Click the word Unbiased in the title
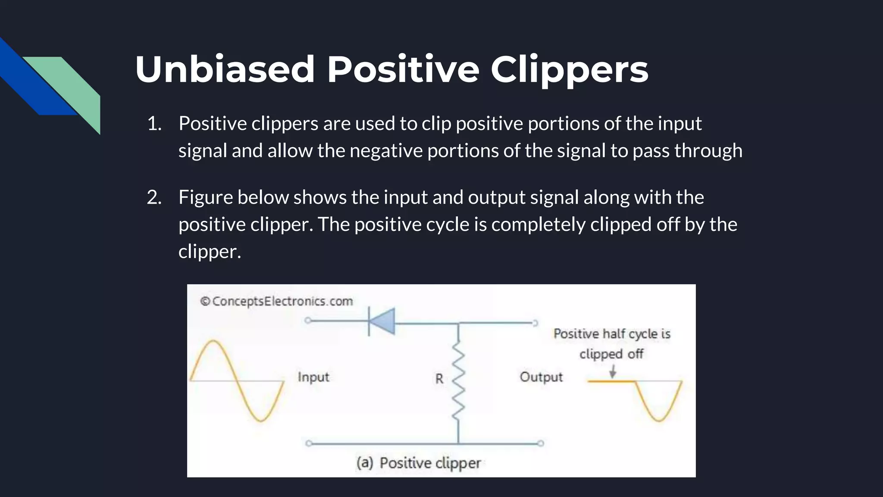pyautogui.click(x=225, y=69)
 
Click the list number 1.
pyautogui.click(x=154, y=124)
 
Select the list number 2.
pyautogui.click(x=154, y=198)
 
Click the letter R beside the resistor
pyautogui.click(x=439, y=379)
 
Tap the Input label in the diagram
pyautogui.click(x=313, y=377)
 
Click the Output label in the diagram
pyautogui.click(x=541, y=377)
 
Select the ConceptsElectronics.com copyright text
pyautogui.click(x=276, y=301)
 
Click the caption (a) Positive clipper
pyautogui.click(x=418, y=463)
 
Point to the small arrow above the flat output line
pyautogui.click(x=613, y=371)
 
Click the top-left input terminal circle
pyautogui.click(x=308, y=321)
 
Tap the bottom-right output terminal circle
pyautogui.click(x=541, y=443)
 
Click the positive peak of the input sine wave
pyautogui.click(x=214, y=341)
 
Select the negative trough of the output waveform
pyautogui.click(x=659, y=419)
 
